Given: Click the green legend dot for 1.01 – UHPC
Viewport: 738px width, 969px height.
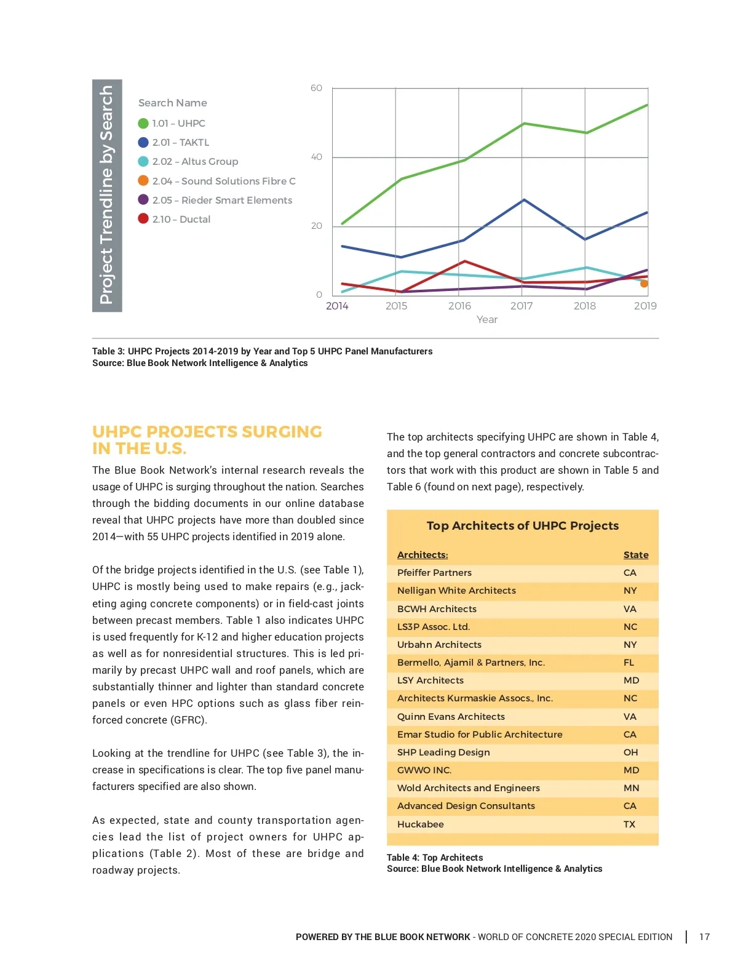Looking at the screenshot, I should coord(143,124).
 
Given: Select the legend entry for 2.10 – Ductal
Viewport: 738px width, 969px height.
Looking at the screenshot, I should coord(181,219).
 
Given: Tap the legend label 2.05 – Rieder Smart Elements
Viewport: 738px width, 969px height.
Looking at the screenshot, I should coord(222,200).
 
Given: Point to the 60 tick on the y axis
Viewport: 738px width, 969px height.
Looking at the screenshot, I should coord(316,88).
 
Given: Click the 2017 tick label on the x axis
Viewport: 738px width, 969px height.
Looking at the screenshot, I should coord(522,306).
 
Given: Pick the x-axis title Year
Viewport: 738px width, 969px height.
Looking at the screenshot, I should coord(487,319).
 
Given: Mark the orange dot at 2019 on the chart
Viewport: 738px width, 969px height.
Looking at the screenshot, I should coord(644,284).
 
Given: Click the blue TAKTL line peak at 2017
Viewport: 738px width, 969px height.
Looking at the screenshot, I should coord(523,200).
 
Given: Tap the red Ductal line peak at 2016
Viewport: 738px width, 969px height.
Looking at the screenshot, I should coord(465,261).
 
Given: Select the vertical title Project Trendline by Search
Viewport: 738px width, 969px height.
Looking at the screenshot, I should coord(107,195).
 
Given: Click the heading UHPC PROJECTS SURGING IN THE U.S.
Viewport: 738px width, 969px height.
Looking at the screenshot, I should coord(207,440).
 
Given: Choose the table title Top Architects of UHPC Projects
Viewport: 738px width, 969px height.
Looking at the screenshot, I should coord(523,525).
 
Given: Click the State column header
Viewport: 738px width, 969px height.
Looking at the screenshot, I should coord(635,555).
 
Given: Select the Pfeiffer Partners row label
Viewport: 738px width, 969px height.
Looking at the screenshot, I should coord(434,573).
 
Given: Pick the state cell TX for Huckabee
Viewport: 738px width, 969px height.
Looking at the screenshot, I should coord(629,824).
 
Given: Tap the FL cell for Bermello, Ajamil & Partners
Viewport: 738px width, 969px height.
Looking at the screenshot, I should coord(629,663).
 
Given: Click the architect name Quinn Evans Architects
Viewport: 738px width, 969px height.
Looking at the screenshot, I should coord(451,717).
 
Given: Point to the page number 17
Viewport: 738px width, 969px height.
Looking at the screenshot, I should coord(704,937).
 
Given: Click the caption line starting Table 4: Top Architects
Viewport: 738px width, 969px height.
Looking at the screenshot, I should coord(435,858).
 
